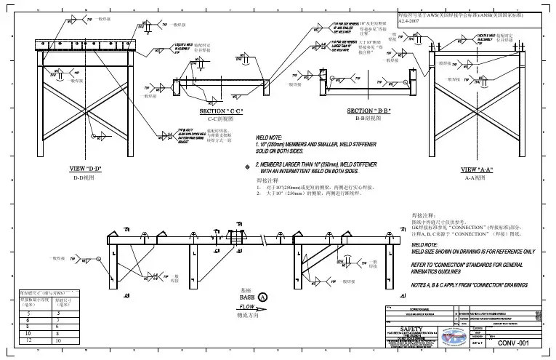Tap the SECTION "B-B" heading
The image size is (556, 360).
click(x=369, y=111)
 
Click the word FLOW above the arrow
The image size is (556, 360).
click(x=249, y=307)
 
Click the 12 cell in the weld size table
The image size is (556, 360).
click(x=27, y=340)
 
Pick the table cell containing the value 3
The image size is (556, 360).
click(x=59, y=313)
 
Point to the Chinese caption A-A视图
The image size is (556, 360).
click(x=476, y=177)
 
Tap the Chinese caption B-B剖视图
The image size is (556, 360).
click(x=369, y=118)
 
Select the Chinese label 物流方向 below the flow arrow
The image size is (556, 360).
click(x=249, y=316)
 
